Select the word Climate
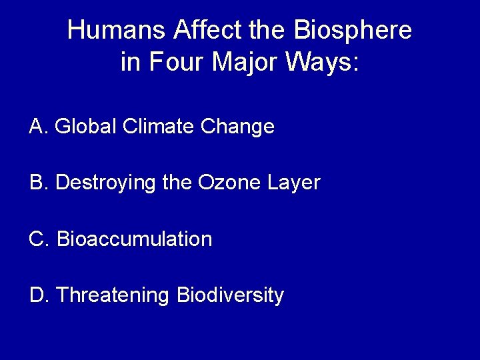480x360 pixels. click(x=151, y=126)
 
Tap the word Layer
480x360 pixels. click(x=291, y=183)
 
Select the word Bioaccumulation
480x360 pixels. click(x=135, y=239)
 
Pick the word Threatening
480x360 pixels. click(x=114, y=295)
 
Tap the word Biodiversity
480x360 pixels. click(x=230, y=295)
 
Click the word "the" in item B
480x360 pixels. click(x=175, y=182)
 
